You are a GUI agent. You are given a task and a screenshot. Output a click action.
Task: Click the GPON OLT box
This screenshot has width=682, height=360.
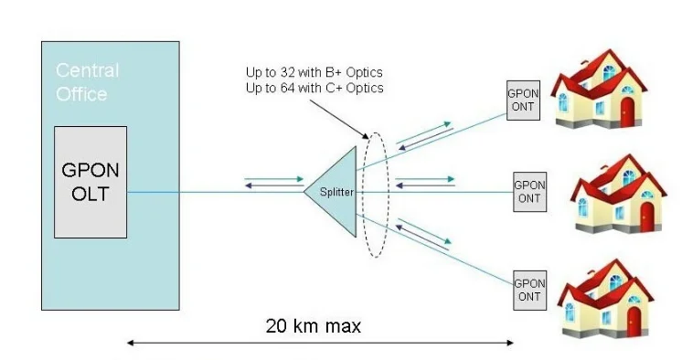tap(91, 182)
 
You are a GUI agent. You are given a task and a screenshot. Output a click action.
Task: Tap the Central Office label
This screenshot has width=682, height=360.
tap(87, 82)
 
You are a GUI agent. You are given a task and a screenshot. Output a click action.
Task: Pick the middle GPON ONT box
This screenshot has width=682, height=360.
tap(529, 191)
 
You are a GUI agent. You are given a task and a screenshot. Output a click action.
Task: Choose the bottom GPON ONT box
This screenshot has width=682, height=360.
tap(529, 289)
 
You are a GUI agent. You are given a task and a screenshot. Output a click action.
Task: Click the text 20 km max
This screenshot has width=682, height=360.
tap(314, 325)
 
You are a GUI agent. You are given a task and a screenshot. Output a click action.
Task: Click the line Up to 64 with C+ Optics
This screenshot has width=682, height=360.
tap(314, 88)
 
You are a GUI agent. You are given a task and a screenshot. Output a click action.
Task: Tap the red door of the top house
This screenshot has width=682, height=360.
tap(627, 111)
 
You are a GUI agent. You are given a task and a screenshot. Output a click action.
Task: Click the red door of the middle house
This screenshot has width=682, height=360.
tap(647, 218)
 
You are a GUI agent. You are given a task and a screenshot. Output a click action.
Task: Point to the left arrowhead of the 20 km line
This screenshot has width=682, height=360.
tap(131, 344)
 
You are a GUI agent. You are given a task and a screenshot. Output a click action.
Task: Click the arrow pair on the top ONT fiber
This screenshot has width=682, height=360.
tap(424, 133)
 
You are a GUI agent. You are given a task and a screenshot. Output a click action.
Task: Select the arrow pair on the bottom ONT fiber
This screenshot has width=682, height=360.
tap(423, 236)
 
